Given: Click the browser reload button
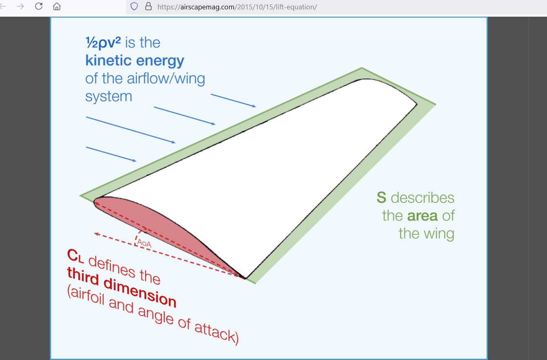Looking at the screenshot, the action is coord(39,6).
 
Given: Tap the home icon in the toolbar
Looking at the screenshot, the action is coord(57,6).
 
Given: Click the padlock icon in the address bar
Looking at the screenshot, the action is coord(148,6).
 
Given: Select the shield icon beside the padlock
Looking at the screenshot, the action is coord(134,6).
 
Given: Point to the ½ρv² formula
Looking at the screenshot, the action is coord(103,42).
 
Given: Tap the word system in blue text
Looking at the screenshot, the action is coord(109,97).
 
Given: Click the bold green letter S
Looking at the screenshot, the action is coord(381,197).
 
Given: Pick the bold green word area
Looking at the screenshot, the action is coord(423,216).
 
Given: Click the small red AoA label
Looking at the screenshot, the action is coord(144,243).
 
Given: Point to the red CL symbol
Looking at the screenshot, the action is coord(75,256).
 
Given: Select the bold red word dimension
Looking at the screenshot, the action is coord(140,293).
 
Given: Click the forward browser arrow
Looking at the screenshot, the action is coord(20,6).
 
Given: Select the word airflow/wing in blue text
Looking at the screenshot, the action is coord(166,79).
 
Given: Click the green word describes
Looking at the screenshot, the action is coord(423,198).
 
